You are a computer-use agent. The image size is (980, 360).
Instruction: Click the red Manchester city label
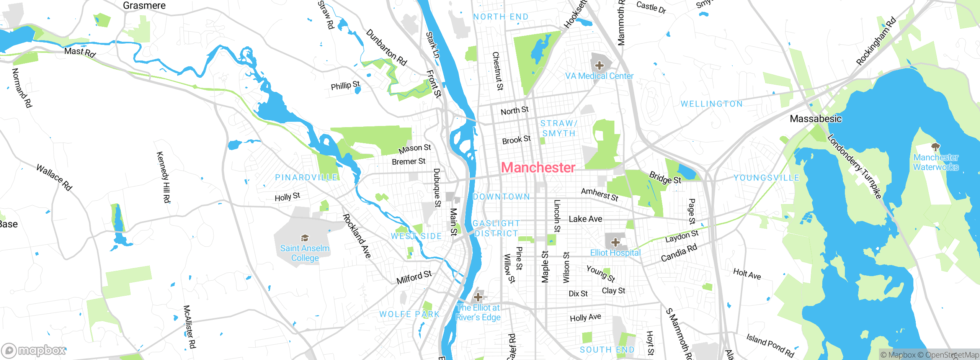[x=538, y=168]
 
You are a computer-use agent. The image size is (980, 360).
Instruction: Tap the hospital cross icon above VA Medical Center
[x=599, y=65]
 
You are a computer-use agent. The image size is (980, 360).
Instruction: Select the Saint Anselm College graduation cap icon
[x=305, y=238]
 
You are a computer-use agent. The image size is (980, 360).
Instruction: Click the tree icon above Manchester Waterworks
[x=936, y=147]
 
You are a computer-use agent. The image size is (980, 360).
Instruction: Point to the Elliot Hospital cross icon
[x=615, y=242]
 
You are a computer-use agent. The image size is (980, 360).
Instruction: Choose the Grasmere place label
[x=144, y=6]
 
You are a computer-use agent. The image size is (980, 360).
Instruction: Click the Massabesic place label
[x=815, y=119]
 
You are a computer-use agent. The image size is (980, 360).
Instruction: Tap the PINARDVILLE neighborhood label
[x=306, y=178]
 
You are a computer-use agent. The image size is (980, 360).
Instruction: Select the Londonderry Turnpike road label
[x=854, y=167]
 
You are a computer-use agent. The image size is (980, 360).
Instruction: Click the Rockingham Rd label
[x=876, y=41]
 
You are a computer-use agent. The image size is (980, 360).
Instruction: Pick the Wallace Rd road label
[x=54, y=177]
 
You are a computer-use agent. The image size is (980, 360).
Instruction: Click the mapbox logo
[x=34, y=350]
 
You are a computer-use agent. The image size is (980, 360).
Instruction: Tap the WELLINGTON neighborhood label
[x=711, y=104]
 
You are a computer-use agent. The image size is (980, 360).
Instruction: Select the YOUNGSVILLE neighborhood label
[x=766, y=178]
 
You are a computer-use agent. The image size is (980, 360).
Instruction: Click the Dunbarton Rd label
[x=386, y=47]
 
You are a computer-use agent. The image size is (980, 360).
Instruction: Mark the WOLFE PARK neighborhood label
[x=409, y=314]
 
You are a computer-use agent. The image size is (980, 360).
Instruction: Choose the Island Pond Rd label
[x=770, y=345]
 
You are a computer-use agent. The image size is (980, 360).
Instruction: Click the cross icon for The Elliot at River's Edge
[x=478, y=297]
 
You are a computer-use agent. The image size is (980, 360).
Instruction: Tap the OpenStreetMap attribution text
[x=951, y=355]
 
